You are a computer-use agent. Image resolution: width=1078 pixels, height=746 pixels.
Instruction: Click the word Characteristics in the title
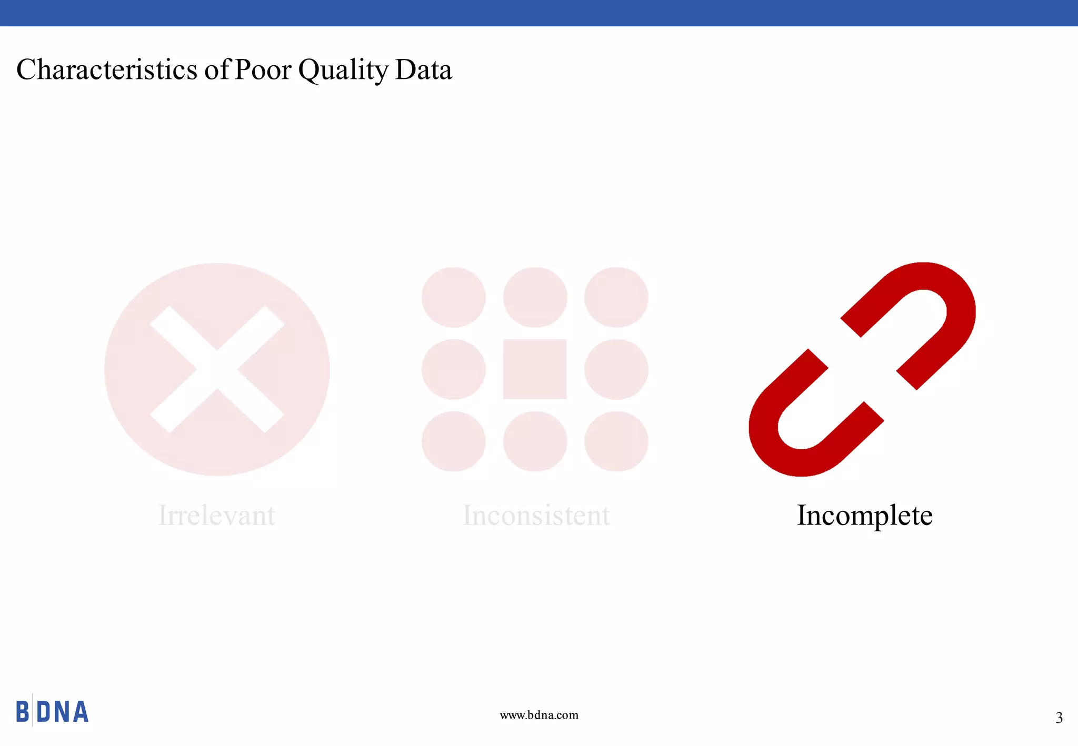pyautogui.click(x=107, y=69)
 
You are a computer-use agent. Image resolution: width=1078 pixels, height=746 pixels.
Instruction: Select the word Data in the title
pyautogui.click(x=423, y=69)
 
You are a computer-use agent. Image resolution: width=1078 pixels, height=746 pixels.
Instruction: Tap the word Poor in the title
pyautogui.click(x=262, y=69)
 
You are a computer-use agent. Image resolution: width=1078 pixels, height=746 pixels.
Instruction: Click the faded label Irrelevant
pyautogui.click(x=216, y=515)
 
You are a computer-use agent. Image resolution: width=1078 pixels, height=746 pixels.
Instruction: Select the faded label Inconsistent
pyautogui.click(x=536, y=515)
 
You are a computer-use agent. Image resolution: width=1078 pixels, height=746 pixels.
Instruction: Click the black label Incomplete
pyautogui.click(x=864, y=515)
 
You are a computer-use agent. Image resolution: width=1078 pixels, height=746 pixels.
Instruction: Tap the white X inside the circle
pyautogui.click(x=217, y=369)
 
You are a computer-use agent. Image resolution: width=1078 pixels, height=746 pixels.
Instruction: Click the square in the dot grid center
pyautogui.click(x=535, y=369)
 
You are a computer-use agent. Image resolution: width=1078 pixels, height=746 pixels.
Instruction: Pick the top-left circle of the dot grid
pyautogui.click(x=453, y=297)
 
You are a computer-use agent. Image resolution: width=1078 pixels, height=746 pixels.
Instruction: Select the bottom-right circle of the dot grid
pyautogui.click(x=616, y=441)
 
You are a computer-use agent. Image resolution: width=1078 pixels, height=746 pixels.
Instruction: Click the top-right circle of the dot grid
pyautogui.click(x=616, y=297)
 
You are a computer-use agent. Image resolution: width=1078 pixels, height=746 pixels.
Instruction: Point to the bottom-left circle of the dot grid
pyautogui.click(x=453, y=441)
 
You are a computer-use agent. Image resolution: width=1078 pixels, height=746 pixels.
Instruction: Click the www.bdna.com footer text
pyautogui.click(x=539, y=715)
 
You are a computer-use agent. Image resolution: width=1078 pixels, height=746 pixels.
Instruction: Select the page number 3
pyautogui.click(x=1059, y=718)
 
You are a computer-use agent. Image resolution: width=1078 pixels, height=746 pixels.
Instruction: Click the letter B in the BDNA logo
pyautogui.click(x=23, y=712)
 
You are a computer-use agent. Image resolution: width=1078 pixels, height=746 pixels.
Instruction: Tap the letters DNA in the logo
pyautogui.click(x=62, y=712)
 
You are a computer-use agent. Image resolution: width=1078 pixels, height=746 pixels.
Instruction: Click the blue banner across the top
pyautogui.click(x=539, y=13)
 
